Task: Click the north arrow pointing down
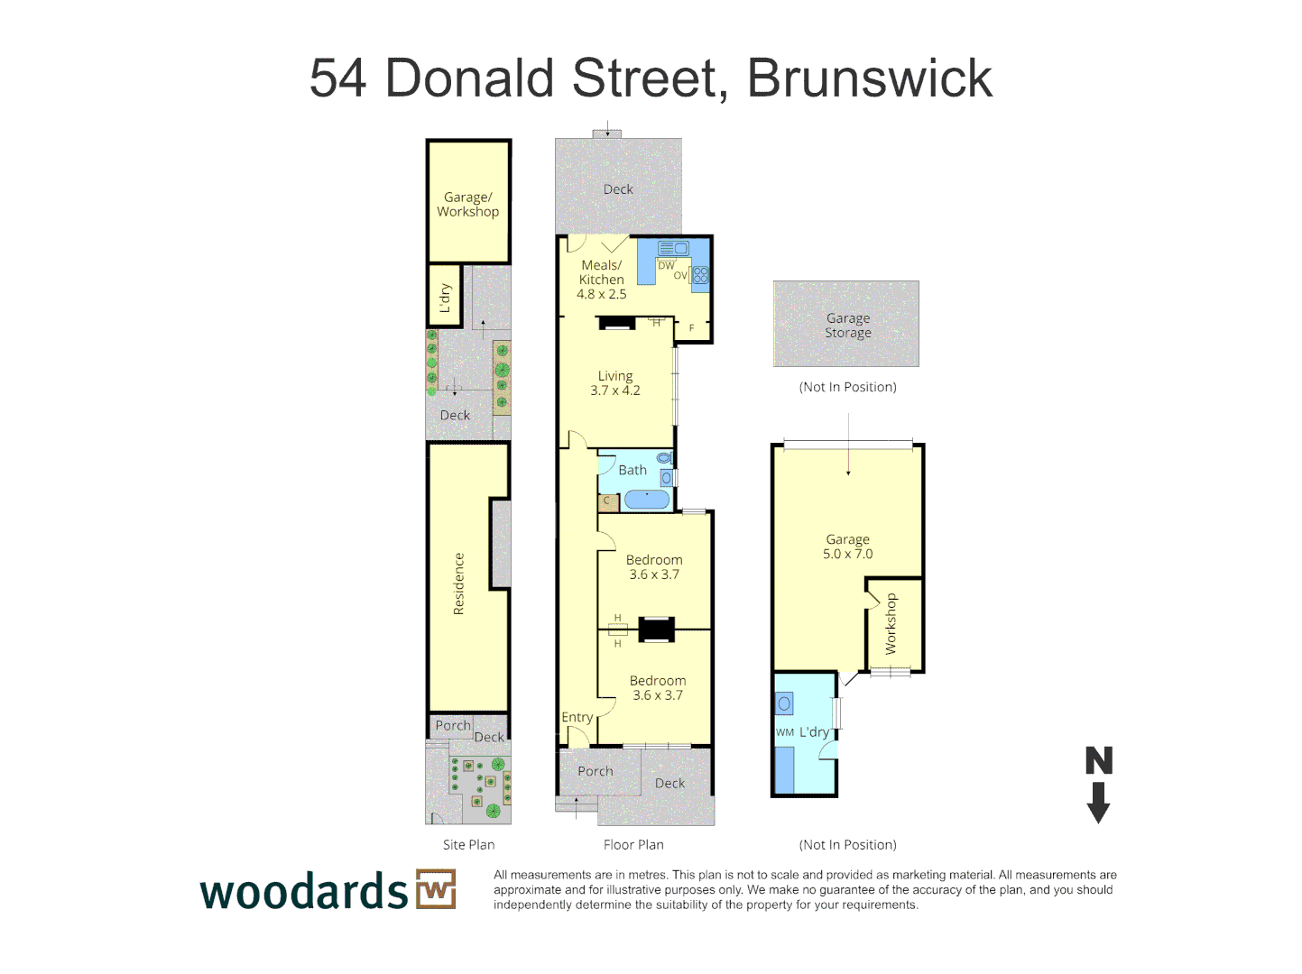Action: tap(1098, 802)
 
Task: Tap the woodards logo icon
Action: tap(436, 889)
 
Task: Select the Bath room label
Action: tap(632, 470)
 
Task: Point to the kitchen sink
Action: tap(673, 249)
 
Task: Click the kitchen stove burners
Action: tap(700, 276)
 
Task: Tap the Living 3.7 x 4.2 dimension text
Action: tap(615, 391)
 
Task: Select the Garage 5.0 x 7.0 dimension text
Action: tap(847, 554)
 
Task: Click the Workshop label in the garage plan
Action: tap(891, 623)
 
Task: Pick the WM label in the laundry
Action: tap(785, 732)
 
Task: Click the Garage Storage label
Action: tap(848, 325)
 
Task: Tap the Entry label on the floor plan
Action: tap(577, 718)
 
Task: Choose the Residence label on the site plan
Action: tap(458, 584)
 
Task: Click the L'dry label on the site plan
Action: tap(444, 298)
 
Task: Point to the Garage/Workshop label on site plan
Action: tap(467, 204)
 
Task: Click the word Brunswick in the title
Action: tap(870, 78)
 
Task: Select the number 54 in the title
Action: tap(338, 78)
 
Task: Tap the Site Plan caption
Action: tap(468, 845)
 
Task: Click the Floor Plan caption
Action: tap(633, 845)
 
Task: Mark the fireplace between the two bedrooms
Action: tap(656, 629)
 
